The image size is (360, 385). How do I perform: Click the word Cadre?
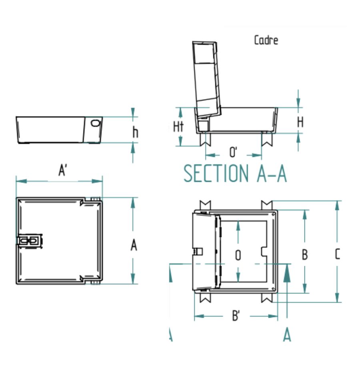[x=266, y=40]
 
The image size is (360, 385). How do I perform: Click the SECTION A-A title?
[x=235, y=173]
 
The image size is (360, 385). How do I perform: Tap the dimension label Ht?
[x=178, y=127]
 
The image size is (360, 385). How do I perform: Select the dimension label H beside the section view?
[x=300, y=122]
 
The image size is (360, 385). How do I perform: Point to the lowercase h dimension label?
[x=135, y=132]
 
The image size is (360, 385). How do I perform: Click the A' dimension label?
[x=62, y=170]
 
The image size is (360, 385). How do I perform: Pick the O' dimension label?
[x=233, y=152]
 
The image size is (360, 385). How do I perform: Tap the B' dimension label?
[x=236, y=315]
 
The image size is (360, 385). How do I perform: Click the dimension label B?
[x=304, y=255]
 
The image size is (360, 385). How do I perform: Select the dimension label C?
[x=338, y=254]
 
